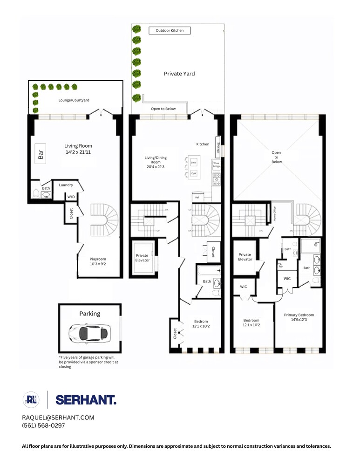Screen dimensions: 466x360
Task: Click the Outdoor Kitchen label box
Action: tap(170, 31)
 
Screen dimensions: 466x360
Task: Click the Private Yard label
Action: tap(179, 74)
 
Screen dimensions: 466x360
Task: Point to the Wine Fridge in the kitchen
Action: tap(216, 164)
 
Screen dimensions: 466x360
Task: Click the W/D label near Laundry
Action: tap(71, 197)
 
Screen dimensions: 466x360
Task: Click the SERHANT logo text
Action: tap(86, 399)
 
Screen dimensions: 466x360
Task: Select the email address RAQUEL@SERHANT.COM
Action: tap(58, 418)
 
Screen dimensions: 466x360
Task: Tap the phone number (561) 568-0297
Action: tap(43, 425)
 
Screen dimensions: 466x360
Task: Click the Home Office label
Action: tap(275, 213)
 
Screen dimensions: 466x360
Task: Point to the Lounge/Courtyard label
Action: tap(74, 100)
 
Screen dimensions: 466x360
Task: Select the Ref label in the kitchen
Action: tap(197, 198)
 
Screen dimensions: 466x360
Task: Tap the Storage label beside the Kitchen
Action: tap(217, 144)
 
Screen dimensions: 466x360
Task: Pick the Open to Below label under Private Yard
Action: tap(163, 109)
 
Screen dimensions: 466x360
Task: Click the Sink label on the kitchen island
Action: tap(194, 162)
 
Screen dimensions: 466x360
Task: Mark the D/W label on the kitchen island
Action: tap(194, 174)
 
